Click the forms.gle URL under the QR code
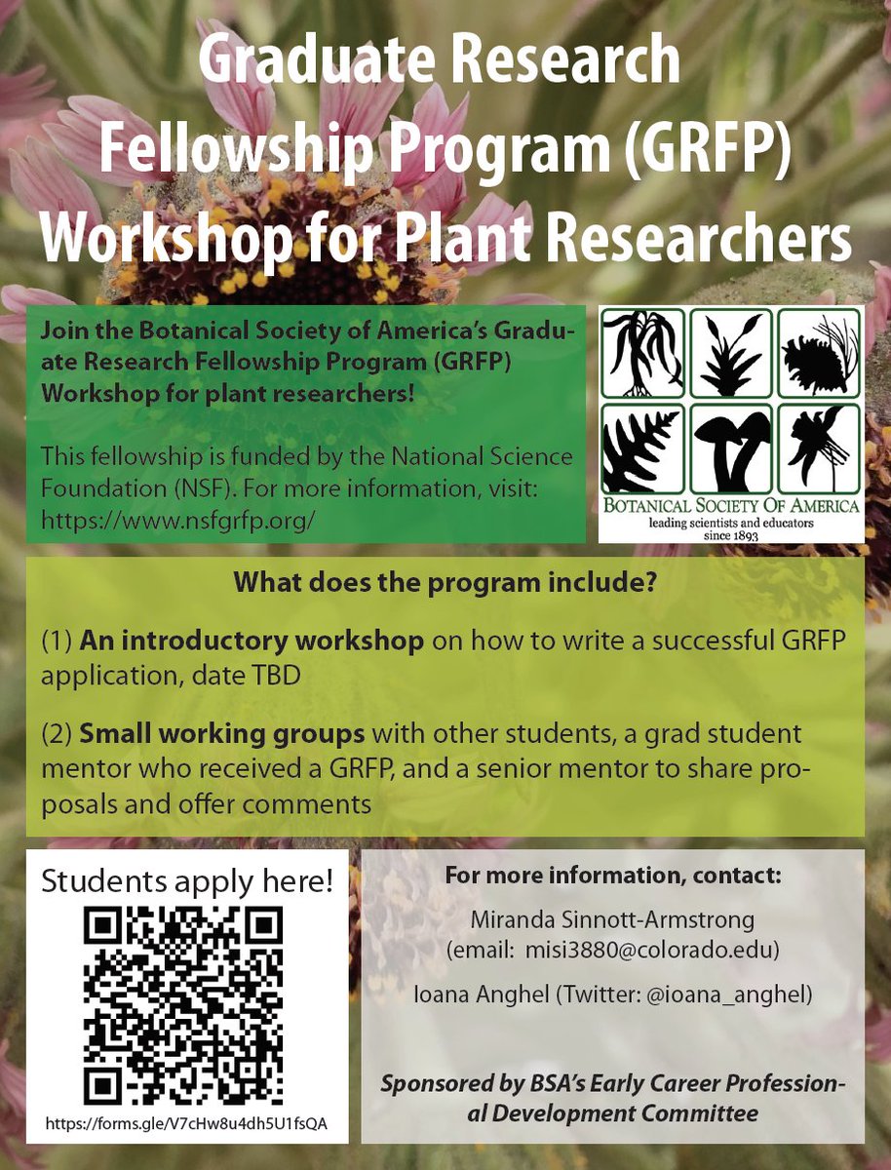click(x=186, y=1124)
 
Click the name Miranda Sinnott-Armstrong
click(x=612, y=918)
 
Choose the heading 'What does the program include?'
click(x=445, y=587)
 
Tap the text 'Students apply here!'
click(x=186, y=881)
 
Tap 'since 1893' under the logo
click(x=731, y=534)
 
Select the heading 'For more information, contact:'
click(x=613, y=875)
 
